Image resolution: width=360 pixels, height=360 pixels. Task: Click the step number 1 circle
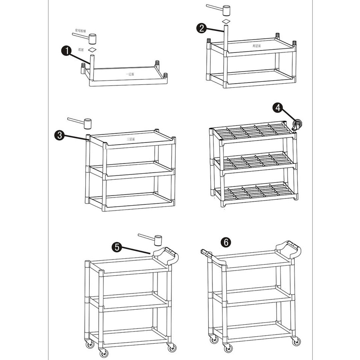click(66, 51)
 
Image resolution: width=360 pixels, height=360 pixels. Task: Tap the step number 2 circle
click(202, 28)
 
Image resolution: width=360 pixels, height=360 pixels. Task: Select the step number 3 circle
click(59, 135)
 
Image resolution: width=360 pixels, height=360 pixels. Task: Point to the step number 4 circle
click(278, 108)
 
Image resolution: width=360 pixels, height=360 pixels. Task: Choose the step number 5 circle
click(117, 247)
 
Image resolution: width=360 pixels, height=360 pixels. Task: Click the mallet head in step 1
click(92, 39)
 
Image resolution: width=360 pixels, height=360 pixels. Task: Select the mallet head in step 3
click(88, 124)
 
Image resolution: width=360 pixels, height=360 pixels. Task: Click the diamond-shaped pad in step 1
click(92, 50)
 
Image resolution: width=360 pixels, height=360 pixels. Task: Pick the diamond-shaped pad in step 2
click(226, 21)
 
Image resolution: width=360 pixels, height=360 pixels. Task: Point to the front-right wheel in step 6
click(295, 341)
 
